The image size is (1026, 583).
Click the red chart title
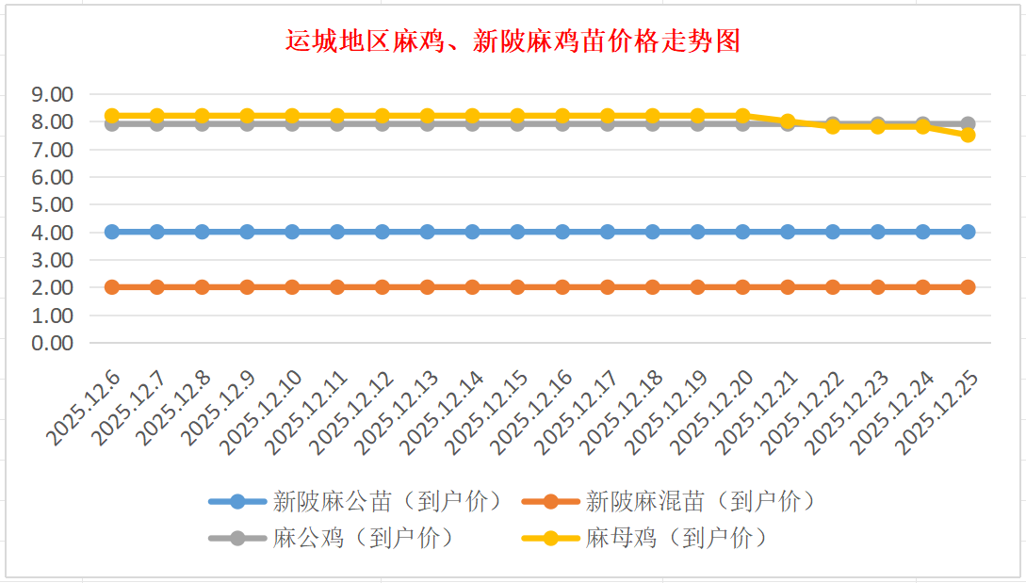[513, 41]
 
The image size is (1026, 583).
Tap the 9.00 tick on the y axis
[52, 94]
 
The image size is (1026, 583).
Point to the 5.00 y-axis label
[52, 204]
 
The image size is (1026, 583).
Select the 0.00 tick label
[52, 343]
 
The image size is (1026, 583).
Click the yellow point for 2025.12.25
[968, 135]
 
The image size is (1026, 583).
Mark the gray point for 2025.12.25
[968, 123]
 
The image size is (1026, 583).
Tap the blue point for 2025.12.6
[112, 232]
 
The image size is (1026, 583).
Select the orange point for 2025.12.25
[968, 287]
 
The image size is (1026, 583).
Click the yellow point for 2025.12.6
[112, 116]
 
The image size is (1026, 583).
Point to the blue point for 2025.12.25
[968, 232]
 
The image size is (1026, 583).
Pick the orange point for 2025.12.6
[112, 287]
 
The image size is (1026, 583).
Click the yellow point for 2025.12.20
[742, 116]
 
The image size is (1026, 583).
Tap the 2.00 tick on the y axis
[52, 287]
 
